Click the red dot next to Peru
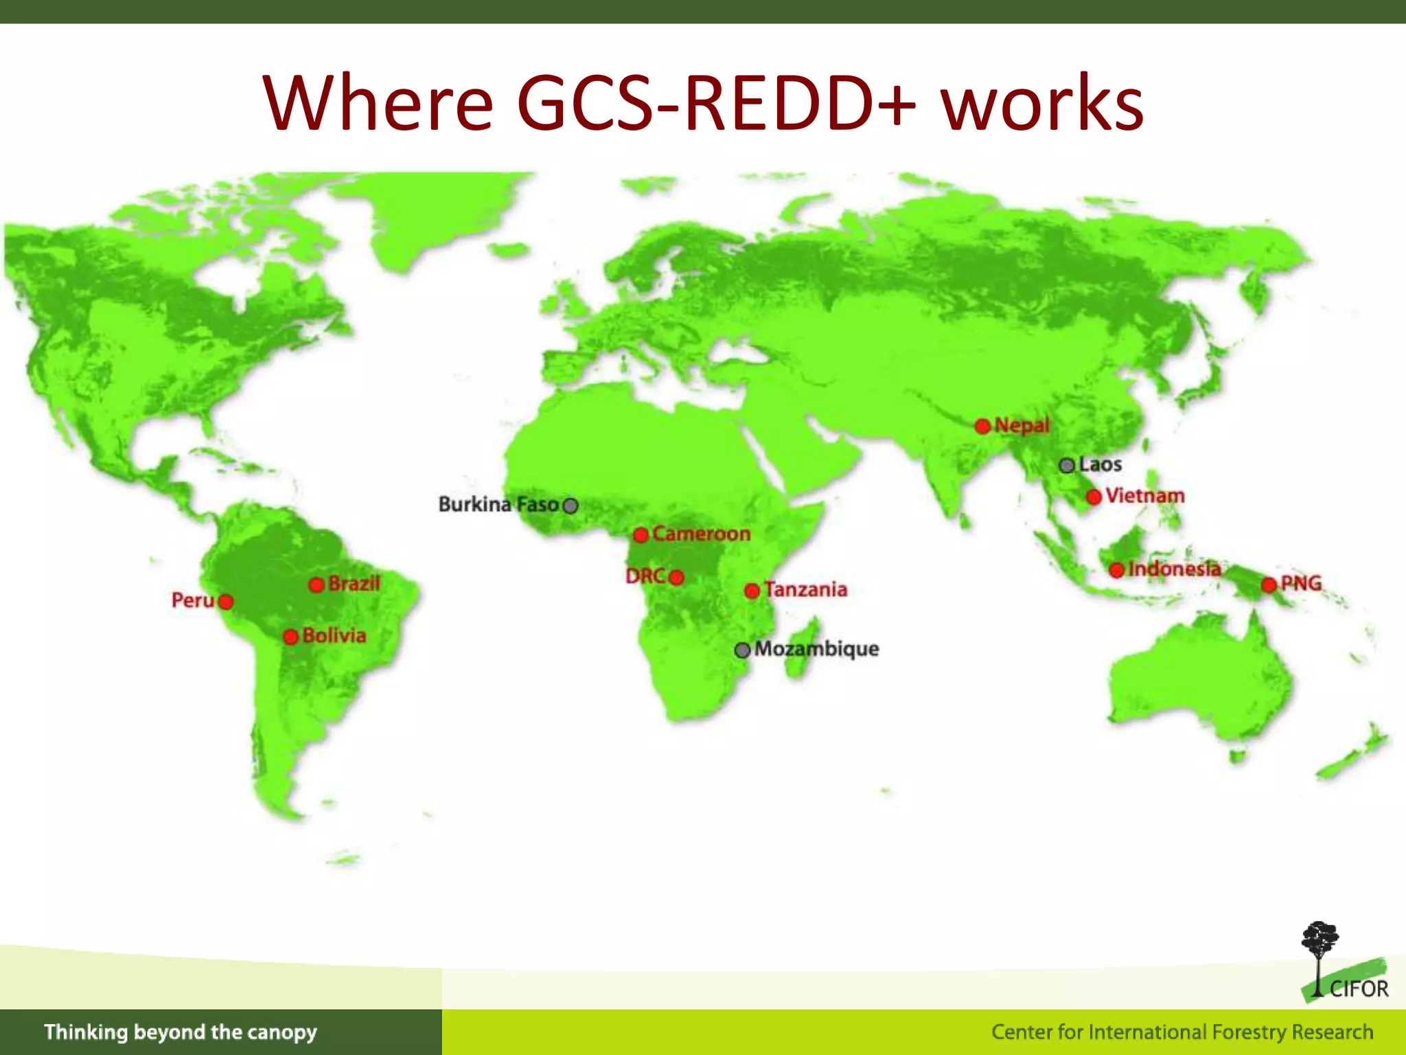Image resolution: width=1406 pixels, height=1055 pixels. pos(225,602)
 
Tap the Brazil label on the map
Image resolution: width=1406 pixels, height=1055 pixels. pos(354,584)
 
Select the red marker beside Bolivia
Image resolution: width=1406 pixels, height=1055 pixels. pos(290,637)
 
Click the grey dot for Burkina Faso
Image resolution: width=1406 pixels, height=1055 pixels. pos(571,506)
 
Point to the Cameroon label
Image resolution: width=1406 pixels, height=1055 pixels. pos(701,534)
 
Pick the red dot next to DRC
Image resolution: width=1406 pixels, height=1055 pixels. pos(676,578)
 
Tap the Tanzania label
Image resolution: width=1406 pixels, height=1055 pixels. pos(805,589)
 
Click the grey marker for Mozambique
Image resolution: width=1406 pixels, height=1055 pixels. pos(742,650)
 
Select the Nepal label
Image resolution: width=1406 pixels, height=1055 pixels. pos(1022,425)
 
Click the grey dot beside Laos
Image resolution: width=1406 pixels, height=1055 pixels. pos(1066,466)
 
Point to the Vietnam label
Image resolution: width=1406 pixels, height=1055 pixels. pos(1144,495)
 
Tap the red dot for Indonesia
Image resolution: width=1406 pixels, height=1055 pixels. pos(1117,569)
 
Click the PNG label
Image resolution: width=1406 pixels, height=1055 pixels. pos(1301,583)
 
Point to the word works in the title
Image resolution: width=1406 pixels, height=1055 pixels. pos(1041,103)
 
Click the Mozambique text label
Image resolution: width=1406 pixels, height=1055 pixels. pos(816,649)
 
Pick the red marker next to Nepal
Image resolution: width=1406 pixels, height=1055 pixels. pos(982,426)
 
